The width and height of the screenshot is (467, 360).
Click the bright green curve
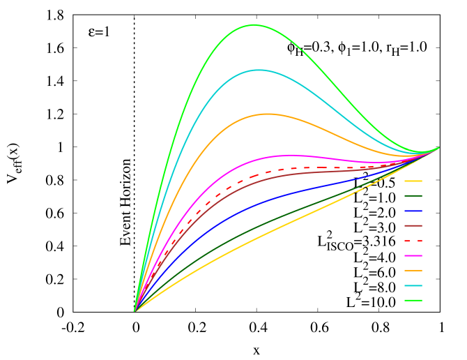[254, 25]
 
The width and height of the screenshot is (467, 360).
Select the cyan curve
[259, 70]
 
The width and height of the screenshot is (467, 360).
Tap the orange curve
[267, 114]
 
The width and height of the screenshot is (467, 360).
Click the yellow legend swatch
[413, 181]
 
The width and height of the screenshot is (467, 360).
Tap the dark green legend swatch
[413, 195]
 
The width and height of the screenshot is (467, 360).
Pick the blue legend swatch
[413, 211]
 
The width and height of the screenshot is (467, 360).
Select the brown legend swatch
[413, 225]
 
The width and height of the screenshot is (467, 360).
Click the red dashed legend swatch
[413, 241]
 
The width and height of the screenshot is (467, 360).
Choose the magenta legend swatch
[413, 255]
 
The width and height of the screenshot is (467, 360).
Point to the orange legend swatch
[413, 270]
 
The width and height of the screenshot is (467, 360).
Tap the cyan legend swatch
[413, 285]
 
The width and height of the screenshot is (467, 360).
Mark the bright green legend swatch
[413, 300]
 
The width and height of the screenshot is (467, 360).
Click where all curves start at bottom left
[135, 311]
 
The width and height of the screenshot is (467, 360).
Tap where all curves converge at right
[439, 148]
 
